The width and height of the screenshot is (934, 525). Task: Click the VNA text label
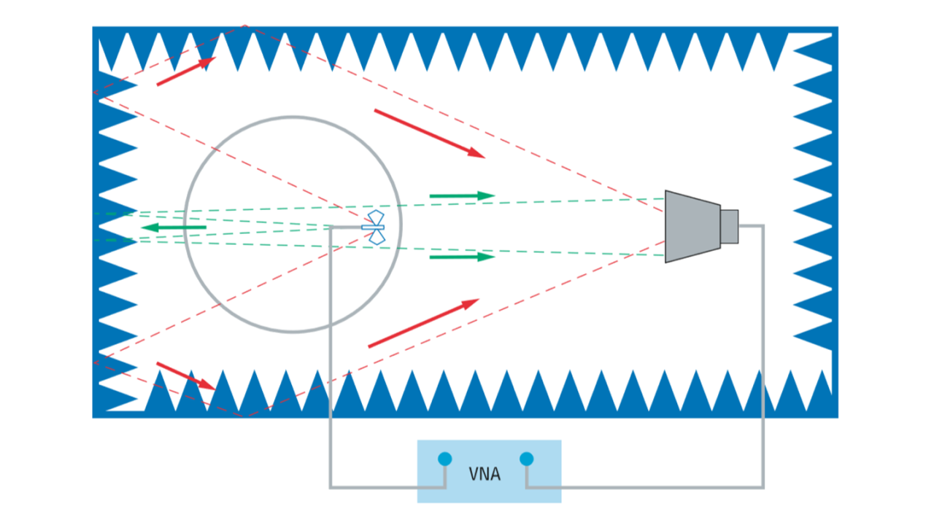point(485,475)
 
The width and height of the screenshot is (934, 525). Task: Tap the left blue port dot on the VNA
point(444,459)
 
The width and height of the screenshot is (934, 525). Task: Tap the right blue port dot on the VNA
point(526,459)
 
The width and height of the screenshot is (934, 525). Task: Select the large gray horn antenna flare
point(691,226)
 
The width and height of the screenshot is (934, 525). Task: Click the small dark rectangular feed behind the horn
point(730,226)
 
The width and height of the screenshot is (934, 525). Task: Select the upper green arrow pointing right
point(462,195)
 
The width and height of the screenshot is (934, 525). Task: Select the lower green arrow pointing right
point(462,257)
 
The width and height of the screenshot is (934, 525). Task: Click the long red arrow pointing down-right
point(429,133)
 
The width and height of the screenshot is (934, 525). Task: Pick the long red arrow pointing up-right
point(423,323)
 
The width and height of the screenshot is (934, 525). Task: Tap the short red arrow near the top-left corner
point(186,71)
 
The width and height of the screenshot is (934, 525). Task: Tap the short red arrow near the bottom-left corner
point(186,376)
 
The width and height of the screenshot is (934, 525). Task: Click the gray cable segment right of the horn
point(752,226)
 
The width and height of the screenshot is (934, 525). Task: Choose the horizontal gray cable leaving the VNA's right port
point(642,487)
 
